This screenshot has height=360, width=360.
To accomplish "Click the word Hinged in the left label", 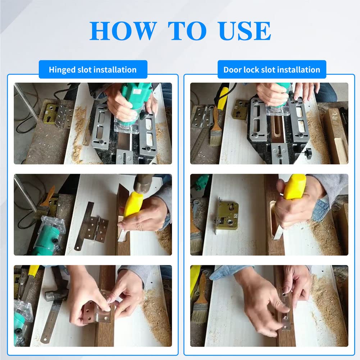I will pos(62,69).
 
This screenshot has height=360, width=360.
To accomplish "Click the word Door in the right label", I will pos(233,69).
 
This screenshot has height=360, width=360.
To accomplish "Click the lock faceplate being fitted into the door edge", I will pos(285,309).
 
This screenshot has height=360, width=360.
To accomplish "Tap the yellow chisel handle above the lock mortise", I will pos(295,187).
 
